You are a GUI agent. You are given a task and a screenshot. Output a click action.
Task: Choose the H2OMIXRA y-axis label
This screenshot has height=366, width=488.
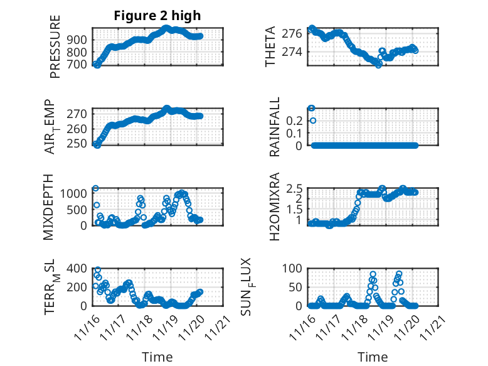274,207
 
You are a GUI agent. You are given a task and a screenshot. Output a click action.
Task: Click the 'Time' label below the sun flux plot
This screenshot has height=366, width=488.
373,357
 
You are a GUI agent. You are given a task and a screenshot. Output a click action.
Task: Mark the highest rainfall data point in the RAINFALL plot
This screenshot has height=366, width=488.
312,108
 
